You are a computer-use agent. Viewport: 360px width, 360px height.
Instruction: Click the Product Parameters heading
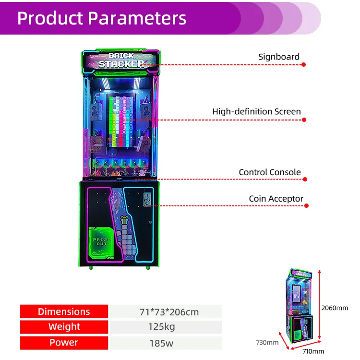click(102, 18)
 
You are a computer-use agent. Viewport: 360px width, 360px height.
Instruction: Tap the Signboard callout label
click(279, 57)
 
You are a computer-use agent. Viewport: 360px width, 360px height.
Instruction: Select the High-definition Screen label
click(256, 111)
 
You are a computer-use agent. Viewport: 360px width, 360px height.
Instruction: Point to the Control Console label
click(270, 172)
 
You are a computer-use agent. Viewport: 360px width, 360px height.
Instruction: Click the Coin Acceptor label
click(276, 198)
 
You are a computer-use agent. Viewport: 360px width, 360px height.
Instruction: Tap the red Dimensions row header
click(64, 312)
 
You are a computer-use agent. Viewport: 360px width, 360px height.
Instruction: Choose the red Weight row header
click(64, 327)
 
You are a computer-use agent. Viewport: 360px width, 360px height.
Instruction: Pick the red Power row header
click(64, 343)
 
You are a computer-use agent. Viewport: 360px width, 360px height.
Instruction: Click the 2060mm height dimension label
click(336, 308)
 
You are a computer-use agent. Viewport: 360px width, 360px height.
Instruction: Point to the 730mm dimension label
click(266, 342)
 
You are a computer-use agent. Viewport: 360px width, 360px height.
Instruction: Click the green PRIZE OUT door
click(102, 241)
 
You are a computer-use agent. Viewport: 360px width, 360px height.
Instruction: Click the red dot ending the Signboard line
click(304, 64)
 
